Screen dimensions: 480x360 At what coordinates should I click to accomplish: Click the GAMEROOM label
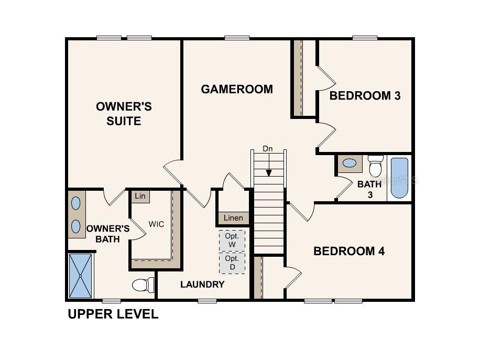point(237,89)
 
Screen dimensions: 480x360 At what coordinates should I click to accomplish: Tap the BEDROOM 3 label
point(365,96)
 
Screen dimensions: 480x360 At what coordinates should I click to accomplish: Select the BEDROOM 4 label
point(349,251)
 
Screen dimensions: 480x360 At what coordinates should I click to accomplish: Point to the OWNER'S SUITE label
point(124,114)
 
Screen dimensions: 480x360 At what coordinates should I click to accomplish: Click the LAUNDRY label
point(202,285)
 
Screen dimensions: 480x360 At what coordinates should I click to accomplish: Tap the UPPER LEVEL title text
point(113,314)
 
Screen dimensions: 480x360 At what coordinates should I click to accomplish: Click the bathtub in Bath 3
point(399,178)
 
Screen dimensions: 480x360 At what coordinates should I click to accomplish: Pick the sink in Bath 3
point(350,163)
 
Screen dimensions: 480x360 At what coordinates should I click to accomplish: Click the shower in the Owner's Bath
point(81,276)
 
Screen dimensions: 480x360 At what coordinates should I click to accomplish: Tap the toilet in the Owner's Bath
point(143,285)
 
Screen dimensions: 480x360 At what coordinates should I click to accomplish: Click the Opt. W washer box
point(232,241)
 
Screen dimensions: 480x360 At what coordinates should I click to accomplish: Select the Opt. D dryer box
point(232,263)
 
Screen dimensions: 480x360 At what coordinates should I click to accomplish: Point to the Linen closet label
point(233,218)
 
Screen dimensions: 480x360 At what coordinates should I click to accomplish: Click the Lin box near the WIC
point(140,196)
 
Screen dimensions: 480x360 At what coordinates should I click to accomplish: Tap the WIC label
point(157,224)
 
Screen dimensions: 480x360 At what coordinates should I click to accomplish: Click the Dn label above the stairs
point(268,149)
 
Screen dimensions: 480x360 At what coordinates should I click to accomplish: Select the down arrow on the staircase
point(268,165)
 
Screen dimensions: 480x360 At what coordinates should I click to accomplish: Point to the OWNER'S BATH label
point(108,234)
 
